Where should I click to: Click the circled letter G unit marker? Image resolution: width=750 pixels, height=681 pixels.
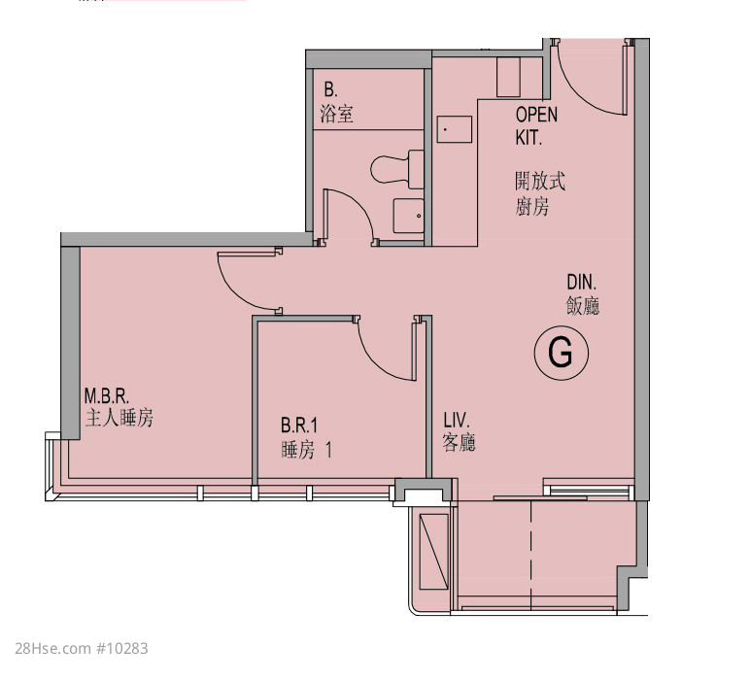(x=562, y=353)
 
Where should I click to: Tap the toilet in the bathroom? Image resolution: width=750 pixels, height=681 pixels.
(x=397, y=169)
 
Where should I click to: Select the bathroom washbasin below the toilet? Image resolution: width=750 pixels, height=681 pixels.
(x=408, y=216)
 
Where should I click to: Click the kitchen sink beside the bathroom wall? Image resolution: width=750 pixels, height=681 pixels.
(x=455, y=129)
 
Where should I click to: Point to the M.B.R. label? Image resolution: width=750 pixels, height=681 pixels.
(x=107, y=396)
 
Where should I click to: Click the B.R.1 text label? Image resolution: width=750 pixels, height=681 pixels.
(x=299, y=426)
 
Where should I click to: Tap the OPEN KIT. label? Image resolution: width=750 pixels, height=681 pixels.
(x=536, y=126)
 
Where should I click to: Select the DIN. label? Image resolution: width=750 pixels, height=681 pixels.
(x=582, y=282)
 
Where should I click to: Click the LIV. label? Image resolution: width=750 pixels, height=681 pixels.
(x=457, y=421)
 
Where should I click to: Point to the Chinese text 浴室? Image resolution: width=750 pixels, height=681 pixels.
(x=337, y=115)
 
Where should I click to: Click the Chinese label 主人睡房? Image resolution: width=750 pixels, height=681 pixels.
(x=119, y=418)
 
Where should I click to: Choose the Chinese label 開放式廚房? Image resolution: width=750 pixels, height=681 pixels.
(x=540, y=193)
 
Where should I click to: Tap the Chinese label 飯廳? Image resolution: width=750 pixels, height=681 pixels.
(x=583, y=306)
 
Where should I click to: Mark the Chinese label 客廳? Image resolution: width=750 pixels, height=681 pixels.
(x=460, y=442)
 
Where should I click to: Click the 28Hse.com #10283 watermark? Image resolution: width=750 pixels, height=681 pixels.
(x=82, y=649)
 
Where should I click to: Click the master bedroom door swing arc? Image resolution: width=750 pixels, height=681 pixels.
(x=234, y=291)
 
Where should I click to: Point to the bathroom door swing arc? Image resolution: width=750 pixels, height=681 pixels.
(x=358, y=205)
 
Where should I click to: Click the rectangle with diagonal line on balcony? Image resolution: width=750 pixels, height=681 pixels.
(x=434, y=552)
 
